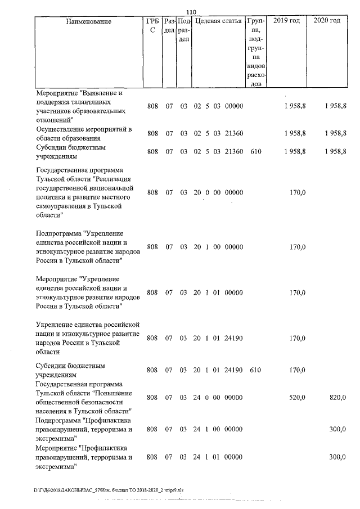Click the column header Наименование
tap(88, 21)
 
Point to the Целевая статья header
tap(218, 21)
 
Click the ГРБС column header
tap(151, 25)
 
